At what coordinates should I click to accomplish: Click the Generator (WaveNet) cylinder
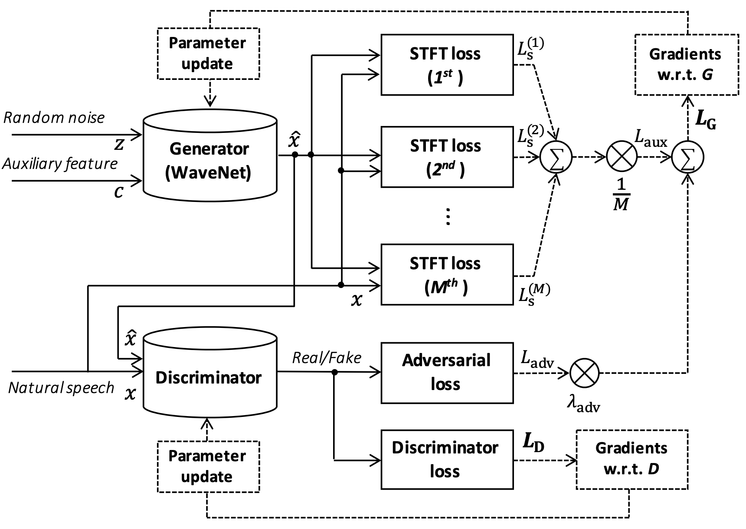(x=210, y=156)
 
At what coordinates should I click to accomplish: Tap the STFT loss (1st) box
(x=447, y=65)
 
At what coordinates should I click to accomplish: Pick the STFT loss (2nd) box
(x=447, y=157)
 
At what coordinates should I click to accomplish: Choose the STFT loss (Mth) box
(x=447, y=274)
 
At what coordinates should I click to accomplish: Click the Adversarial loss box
(x=447, y=373)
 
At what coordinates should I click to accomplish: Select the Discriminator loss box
(x=447, y=460)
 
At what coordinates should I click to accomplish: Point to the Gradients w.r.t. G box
(x=687, y=64)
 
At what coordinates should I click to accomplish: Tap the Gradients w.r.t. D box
(x=632, y=460)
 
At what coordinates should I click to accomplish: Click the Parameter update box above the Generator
(x=207, y=53)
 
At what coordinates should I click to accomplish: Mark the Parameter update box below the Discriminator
(x=207, y=466)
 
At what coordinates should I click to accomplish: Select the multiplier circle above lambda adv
(x=584, y=373)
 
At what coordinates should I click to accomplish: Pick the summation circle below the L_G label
(x=687, y=157)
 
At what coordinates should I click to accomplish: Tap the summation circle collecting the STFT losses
(x=556, y=157)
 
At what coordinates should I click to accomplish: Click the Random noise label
(x=54, y=118)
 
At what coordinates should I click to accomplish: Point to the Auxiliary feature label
(x=60, y=164)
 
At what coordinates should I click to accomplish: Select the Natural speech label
(x=61, y=388)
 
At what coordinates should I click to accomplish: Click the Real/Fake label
(x=327, y=358)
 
